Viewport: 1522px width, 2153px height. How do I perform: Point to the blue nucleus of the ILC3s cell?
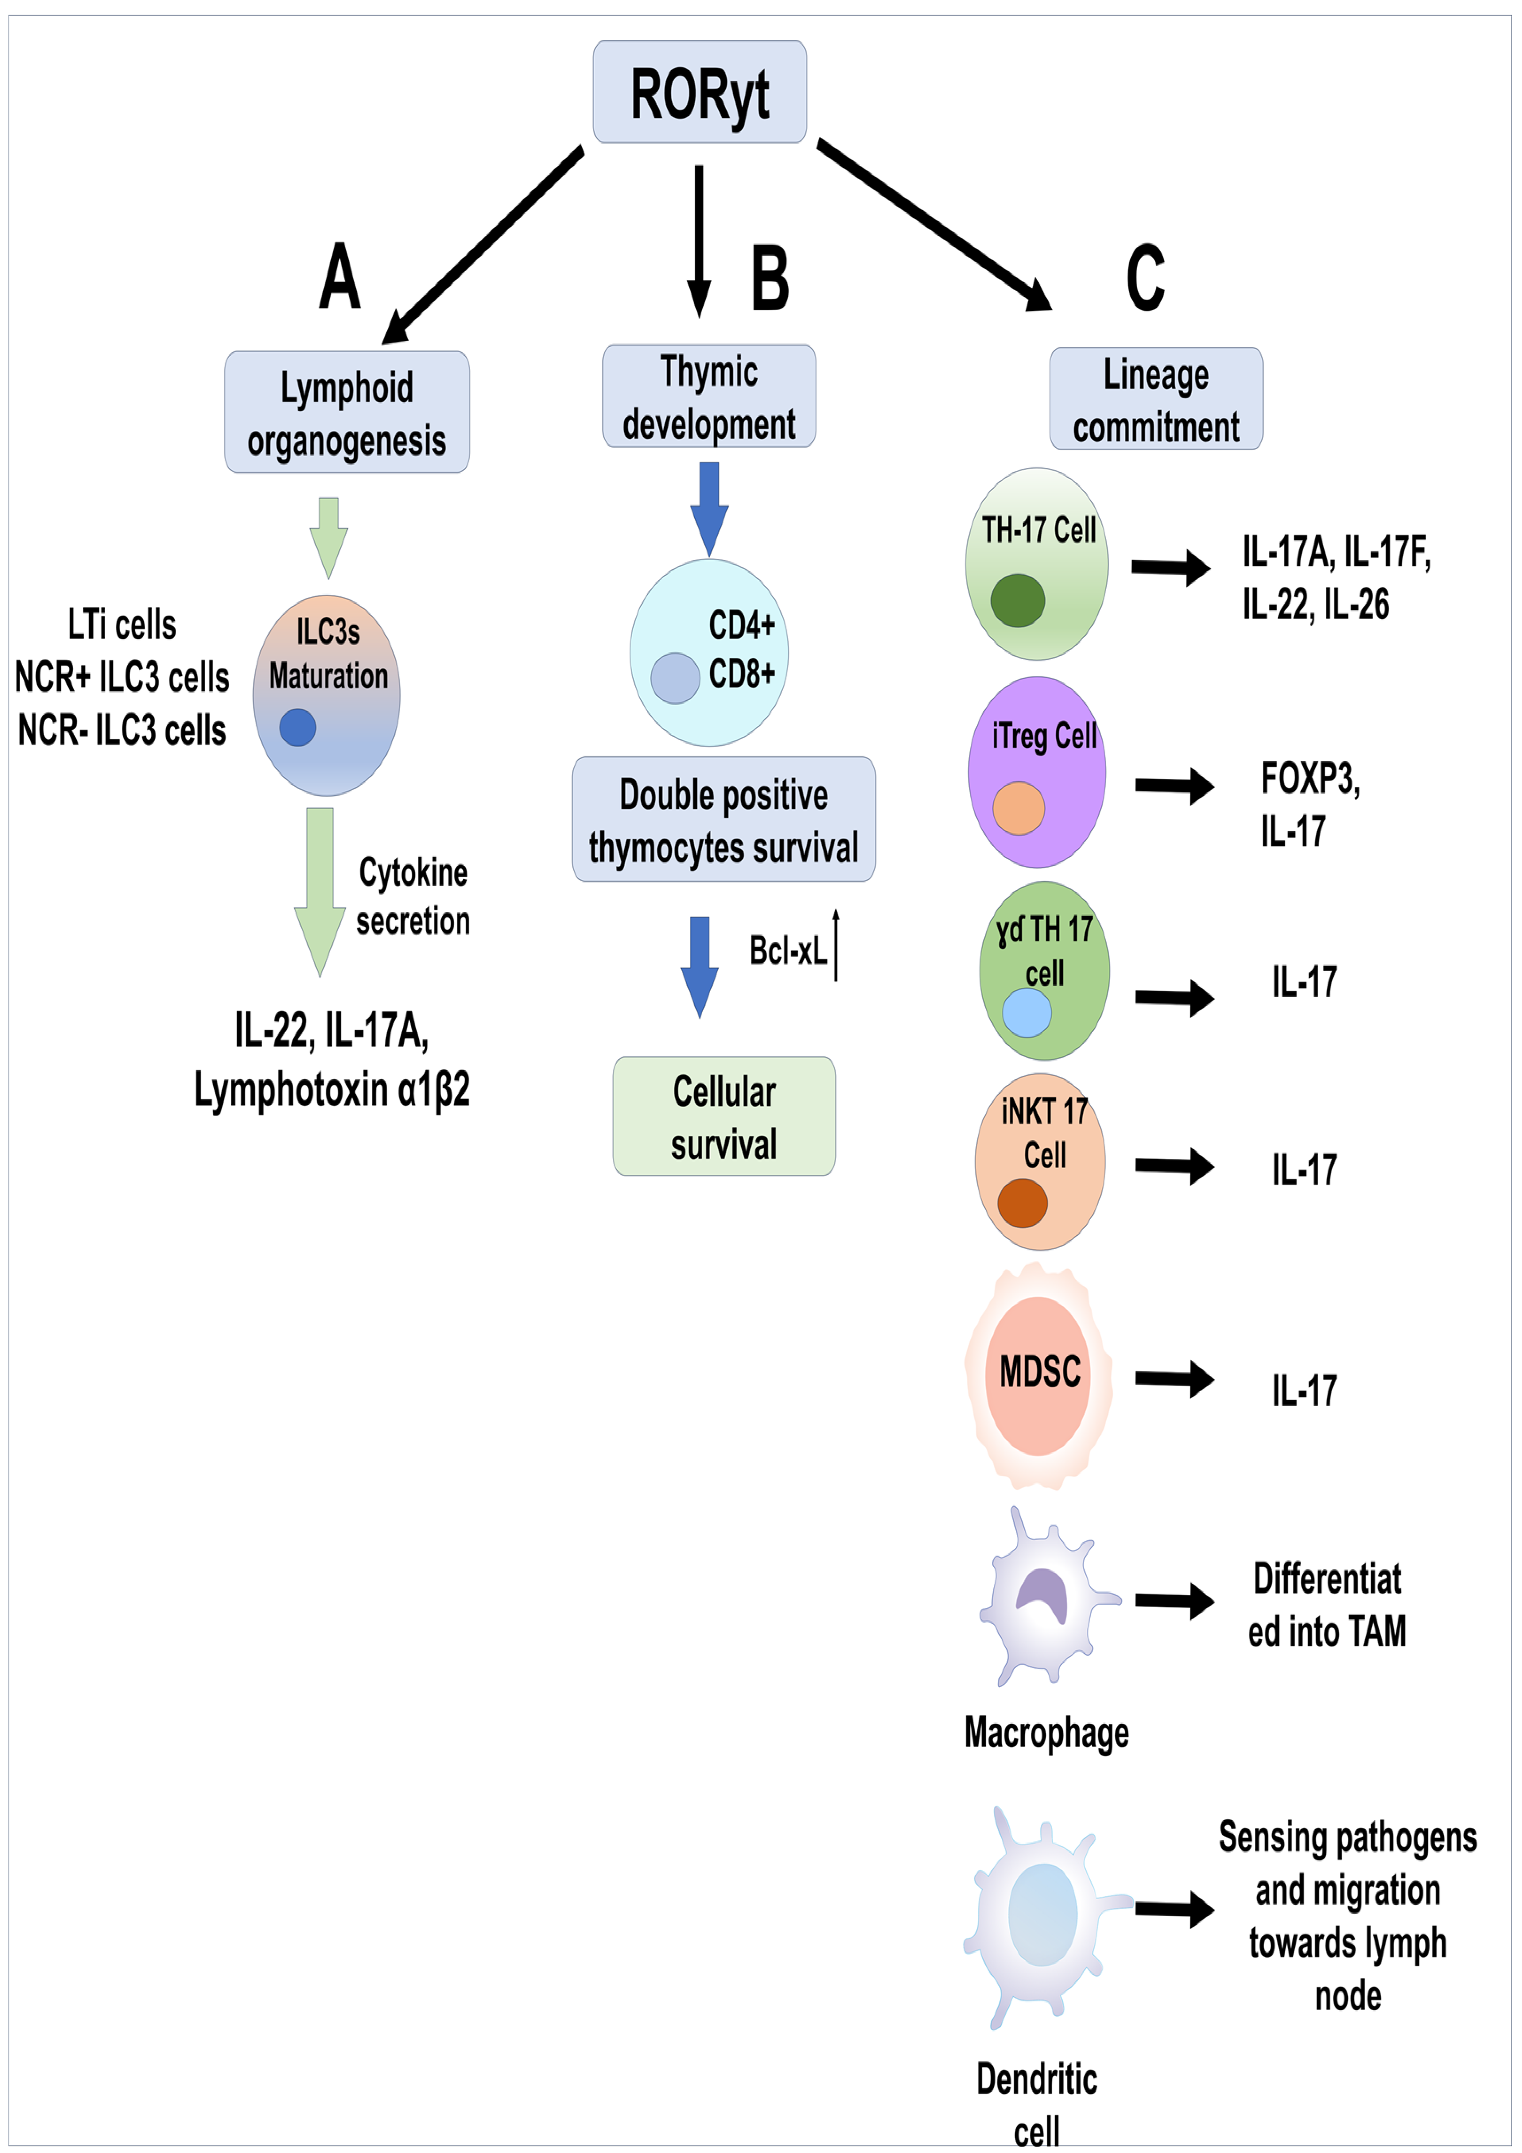click(x=297, y=727)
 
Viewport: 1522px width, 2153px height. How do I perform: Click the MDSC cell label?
click(x=1039, y=1372)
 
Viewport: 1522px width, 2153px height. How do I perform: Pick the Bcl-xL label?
click(x=788, y=951)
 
